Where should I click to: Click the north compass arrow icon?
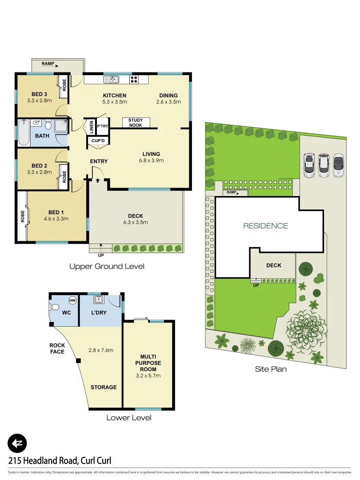[17, 443]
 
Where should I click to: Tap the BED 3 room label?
[40, 94]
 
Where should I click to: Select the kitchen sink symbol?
[112, 80]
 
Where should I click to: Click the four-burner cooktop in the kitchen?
[134, 80]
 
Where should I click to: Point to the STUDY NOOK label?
[136, 123]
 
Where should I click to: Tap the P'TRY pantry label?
[103, 126]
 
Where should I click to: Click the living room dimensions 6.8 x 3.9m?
[151, 160]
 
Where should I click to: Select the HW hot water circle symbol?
[72, 300]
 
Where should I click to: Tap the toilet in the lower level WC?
[55, 307]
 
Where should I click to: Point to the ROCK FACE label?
[57, 348]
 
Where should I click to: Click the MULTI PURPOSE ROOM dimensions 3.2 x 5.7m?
[148, 376]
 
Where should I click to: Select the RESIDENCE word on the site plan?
[266, 226]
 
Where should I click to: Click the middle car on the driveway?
[324, 165]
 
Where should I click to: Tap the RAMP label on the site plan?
[231, 192]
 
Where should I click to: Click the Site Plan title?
[271, 369]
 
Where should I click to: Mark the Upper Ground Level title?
[107, 267]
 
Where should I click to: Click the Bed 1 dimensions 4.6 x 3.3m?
[56, 219]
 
